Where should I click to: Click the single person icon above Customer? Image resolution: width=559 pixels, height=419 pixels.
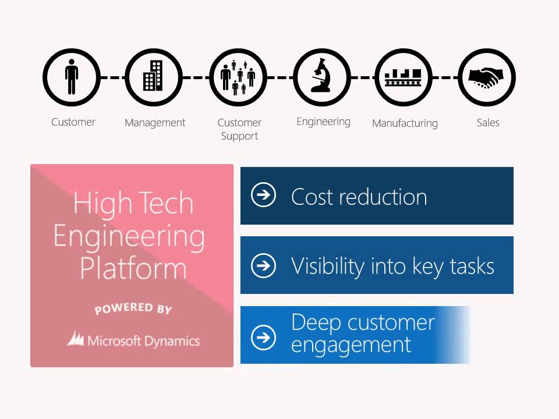(x=72, y=77)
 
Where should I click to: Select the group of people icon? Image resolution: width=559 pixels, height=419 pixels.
(x=238, y=77)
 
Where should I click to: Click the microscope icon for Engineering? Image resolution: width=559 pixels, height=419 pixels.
(x=322, y=77)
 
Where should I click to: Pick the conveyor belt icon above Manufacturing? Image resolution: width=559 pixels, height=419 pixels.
(x=404, y=77)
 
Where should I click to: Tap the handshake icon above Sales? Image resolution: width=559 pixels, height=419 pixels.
(x=487, y=77)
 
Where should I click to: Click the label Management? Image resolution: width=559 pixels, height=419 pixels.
(x=155, y=123)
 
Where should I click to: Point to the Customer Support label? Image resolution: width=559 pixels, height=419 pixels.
(x=239, y=129)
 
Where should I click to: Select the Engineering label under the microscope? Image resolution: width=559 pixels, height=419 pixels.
(x=323, y=122)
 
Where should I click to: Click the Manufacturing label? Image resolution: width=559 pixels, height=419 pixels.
(x=405, y=123)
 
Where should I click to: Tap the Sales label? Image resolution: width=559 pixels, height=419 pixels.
(x=488, y=123)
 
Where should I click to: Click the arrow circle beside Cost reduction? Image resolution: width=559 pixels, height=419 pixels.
(x=263, y=196)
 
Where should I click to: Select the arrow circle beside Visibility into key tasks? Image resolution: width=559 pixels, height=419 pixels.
(x=263, y=265)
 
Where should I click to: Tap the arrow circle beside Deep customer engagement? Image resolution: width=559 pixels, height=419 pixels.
(x=263, y=336)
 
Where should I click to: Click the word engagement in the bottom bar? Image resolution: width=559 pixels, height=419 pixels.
(x=351, y=345)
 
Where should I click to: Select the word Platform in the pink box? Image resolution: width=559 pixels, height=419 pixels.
(x=133, y=268)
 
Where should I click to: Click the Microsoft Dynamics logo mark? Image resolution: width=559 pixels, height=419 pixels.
(x=76, y=339)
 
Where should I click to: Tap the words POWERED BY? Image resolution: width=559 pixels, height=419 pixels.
(x=133, y=308)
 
